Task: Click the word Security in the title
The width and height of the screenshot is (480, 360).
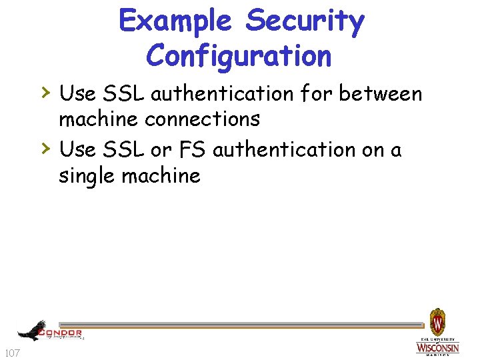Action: pos(305,21)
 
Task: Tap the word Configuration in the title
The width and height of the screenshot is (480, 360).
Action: pos(239,55)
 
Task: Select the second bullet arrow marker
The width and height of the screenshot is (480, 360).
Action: pos(46,148)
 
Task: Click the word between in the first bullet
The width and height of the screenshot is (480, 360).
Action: pos(380,94)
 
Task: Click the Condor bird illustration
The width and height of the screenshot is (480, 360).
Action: pos(31,329)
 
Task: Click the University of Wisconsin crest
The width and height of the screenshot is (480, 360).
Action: pos(437,323)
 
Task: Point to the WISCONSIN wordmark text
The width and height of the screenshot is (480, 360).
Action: pos(437,348)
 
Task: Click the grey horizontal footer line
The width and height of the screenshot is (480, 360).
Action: pos(253,326)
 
